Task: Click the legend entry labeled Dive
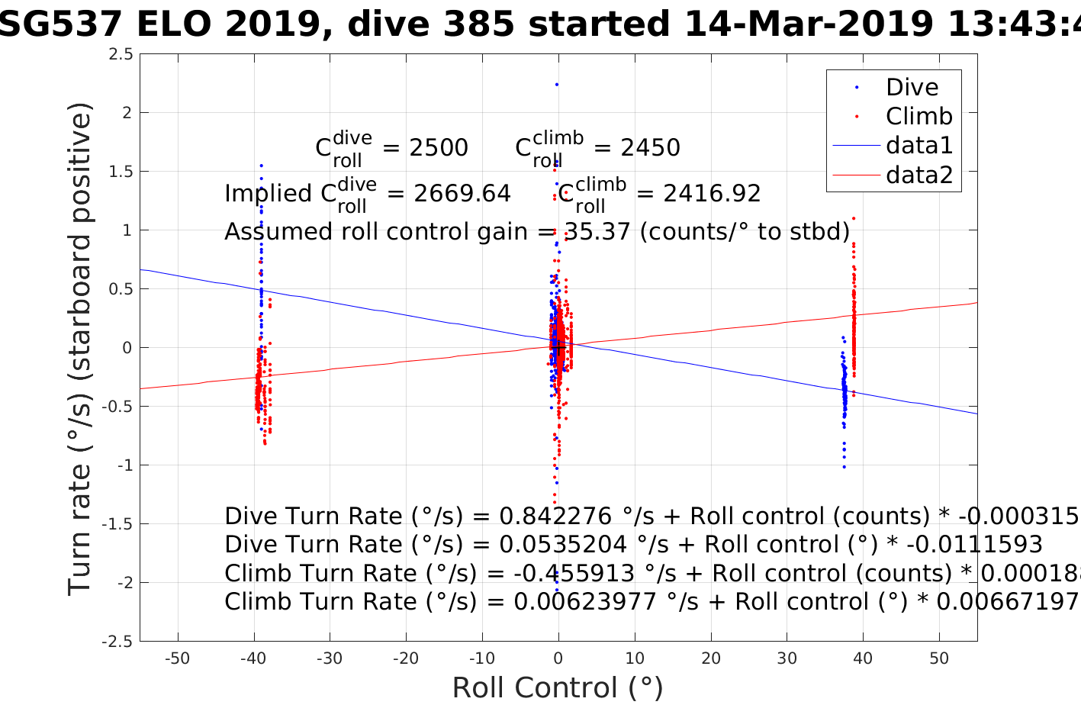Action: click(x=912, y=87)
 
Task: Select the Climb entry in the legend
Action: click(x=919, y=116)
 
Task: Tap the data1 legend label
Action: click(x=919, y=145)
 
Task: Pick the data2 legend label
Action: click(x=919, y=175)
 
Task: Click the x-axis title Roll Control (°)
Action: click(x=558, y=687)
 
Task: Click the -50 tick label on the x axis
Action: click(x=177, y=658)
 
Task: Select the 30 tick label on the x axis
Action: click(x=787, y=658)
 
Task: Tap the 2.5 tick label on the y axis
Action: click(x=121, y=54)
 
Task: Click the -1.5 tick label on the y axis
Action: click(x=117, y=524)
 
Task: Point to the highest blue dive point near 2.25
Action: click(x=557, y=84)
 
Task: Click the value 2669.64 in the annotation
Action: click(x=462, y=194)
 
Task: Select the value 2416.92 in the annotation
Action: click(x=712, y=194)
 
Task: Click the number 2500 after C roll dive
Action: click(x=439, y=147)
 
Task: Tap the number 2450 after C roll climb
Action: click(x=650, y=147)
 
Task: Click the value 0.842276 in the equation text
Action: click(x=555, y=517)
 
